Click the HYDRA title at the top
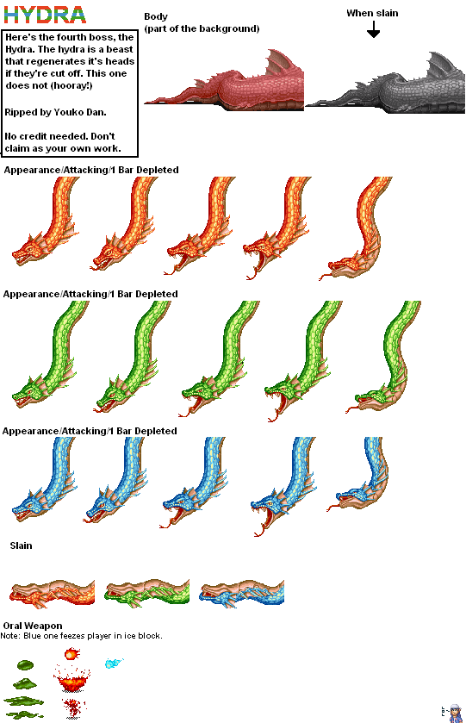tap(45, 15)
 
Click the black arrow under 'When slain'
tap(373, 30)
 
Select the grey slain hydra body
tap(385, 83)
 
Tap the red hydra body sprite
tap(225, 81)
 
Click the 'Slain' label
tap(22, 545)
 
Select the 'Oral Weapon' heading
tap(33, 626)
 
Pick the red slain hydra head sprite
tap(52, 592)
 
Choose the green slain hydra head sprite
tap(147, 592)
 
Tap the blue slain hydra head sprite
tap(241, 592)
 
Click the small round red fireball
tap(71, 654)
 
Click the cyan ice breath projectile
tap(114, 663)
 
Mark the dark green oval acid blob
tap(25, 665)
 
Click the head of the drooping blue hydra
tap(351, 498)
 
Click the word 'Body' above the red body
tap(156, 16)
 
